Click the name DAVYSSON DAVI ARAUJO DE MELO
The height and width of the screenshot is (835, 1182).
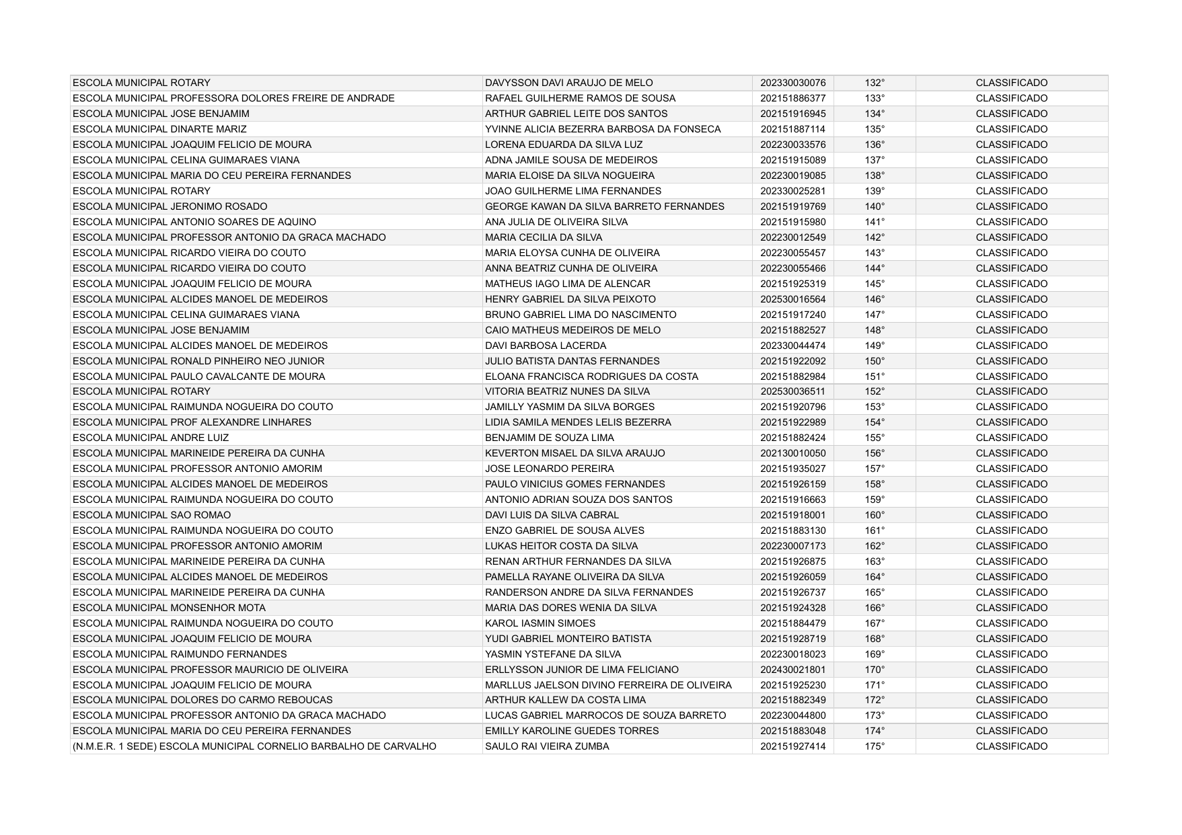click(x=568, y=83)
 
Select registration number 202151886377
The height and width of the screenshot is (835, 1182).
click(x=792, y=98)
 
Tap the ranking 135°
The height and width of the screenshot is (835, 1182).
click(x=875, y=129)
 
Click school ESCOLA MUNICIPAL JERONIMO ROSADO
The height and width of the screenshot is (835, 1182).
click(x=170, y=206)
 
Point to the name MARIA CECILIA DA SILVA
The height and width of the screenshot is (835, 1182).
click(x=544, y=237)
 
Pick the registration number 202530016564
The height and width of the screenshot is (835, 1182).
click(x=792, y=299)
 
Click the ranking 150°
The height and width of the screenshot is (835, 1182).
click(x=875, y=361)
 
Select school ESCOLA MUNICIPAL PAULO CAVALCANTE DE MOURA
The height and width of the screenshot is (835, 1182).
click(x=198, y=376)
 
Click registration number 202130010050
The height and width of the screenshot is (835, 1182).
click(x=792, y=453)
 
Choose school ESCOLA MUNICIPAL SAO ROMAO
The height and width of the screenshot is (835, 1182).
click(x=151, y=515)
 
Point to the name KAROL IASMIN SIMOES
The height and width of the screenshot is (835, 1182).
click(x=540, y=623)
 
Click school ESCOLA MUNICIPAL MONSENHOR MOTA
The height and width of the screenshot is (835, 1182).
click(x=169, y=608)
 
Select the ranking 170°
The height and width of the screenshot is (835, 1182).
click(x=875, y=670)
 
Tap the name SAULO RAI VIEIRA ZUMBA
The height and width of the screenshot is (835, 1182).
click(x=547, y=746)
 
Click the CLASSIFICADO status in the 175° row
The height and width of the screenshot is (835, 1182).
click(x=1011, y=746)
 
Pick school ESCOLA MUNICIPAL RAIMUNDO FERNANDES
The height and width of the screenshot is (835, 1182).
click(x=180, y=654)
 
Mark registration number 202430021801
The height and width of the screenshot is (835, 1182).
click(x=792, y=670)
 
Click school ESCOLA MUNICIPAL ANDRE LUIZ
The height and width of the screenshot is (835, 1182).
click(x=151, y=438)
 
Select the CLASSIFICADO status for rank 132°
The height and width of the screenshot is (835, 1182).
click(x=1011, y=83)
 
